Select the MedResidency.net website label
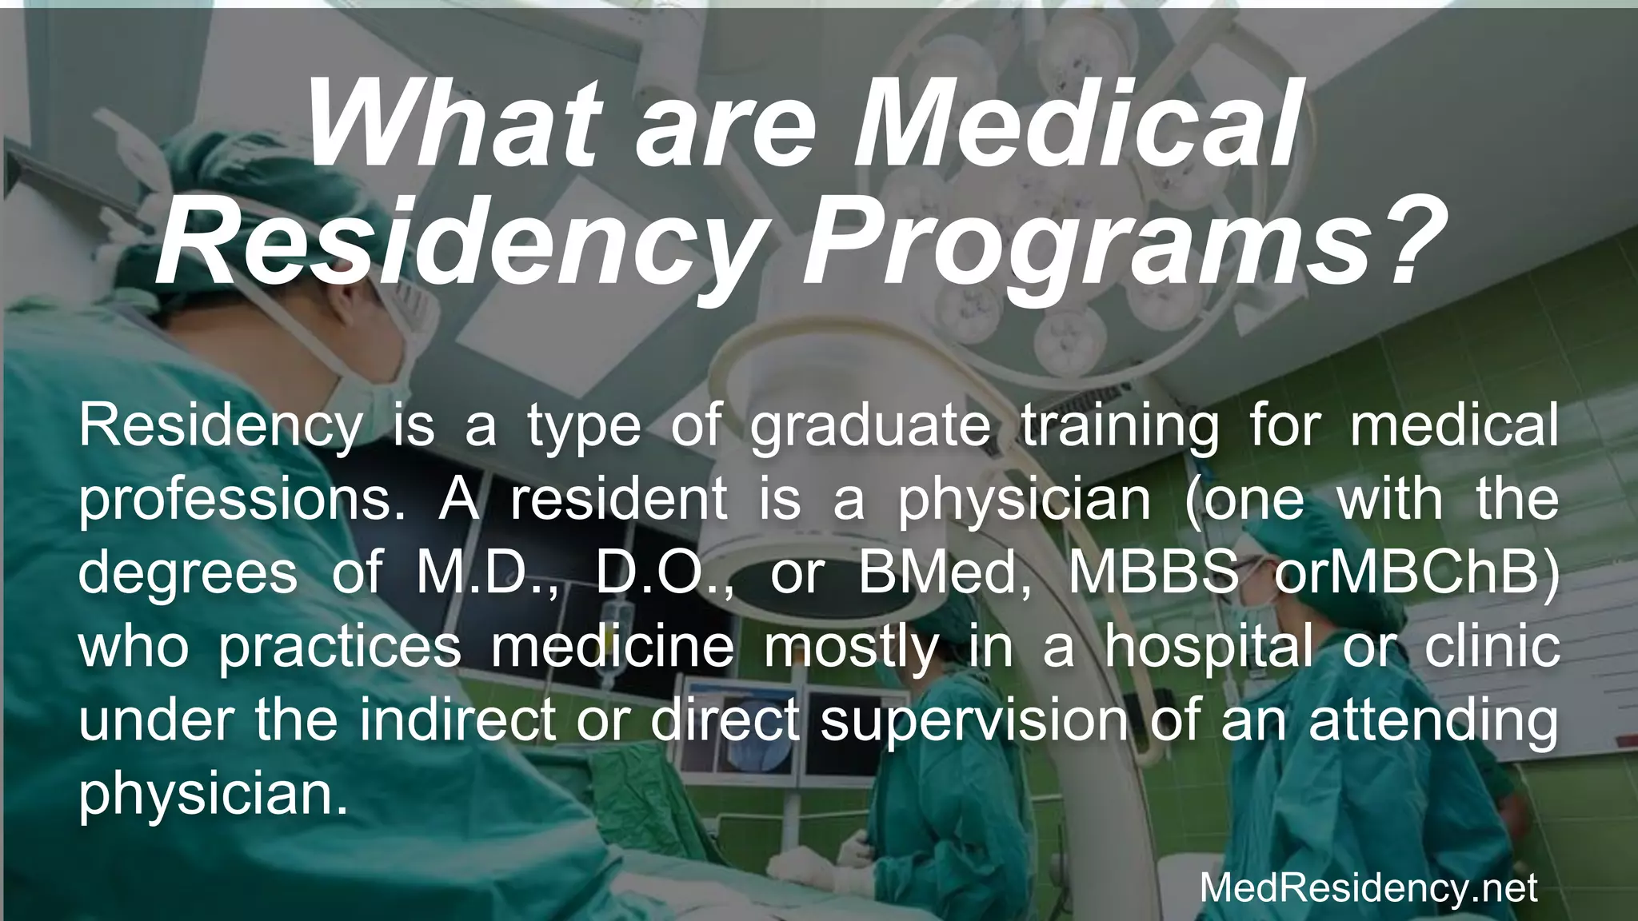(1368, 888)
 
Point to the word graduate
(870, 427)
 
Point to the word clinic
(1492, 646)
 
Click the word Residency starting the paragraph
(220, 427)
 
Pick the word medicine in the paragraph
(613, 646)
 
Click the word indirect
(457, 720)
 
